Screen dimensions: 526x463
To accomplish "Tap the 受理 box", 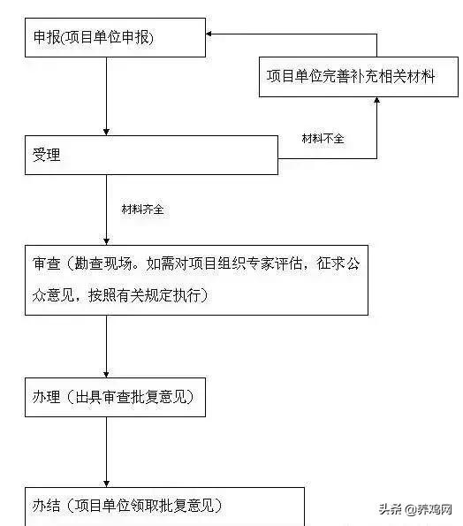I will tap(150, 155).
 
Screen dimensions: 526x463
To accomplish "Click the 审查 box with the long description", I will tap(195, 280).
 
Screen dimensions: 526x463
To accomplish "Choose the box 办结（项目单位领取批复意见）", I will tap(163, 506).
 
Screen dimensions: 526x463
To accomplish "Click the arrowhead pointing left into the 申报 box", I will tap(212, 34).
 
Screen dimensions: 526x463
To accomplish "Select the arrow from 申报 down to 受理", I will tap(106, 97).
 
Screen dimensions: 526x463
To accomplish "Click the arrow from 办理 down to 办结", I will tap(106, 451).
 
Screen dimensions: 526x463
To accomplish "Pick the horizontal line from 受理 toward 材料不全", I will tap(327, 158).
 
